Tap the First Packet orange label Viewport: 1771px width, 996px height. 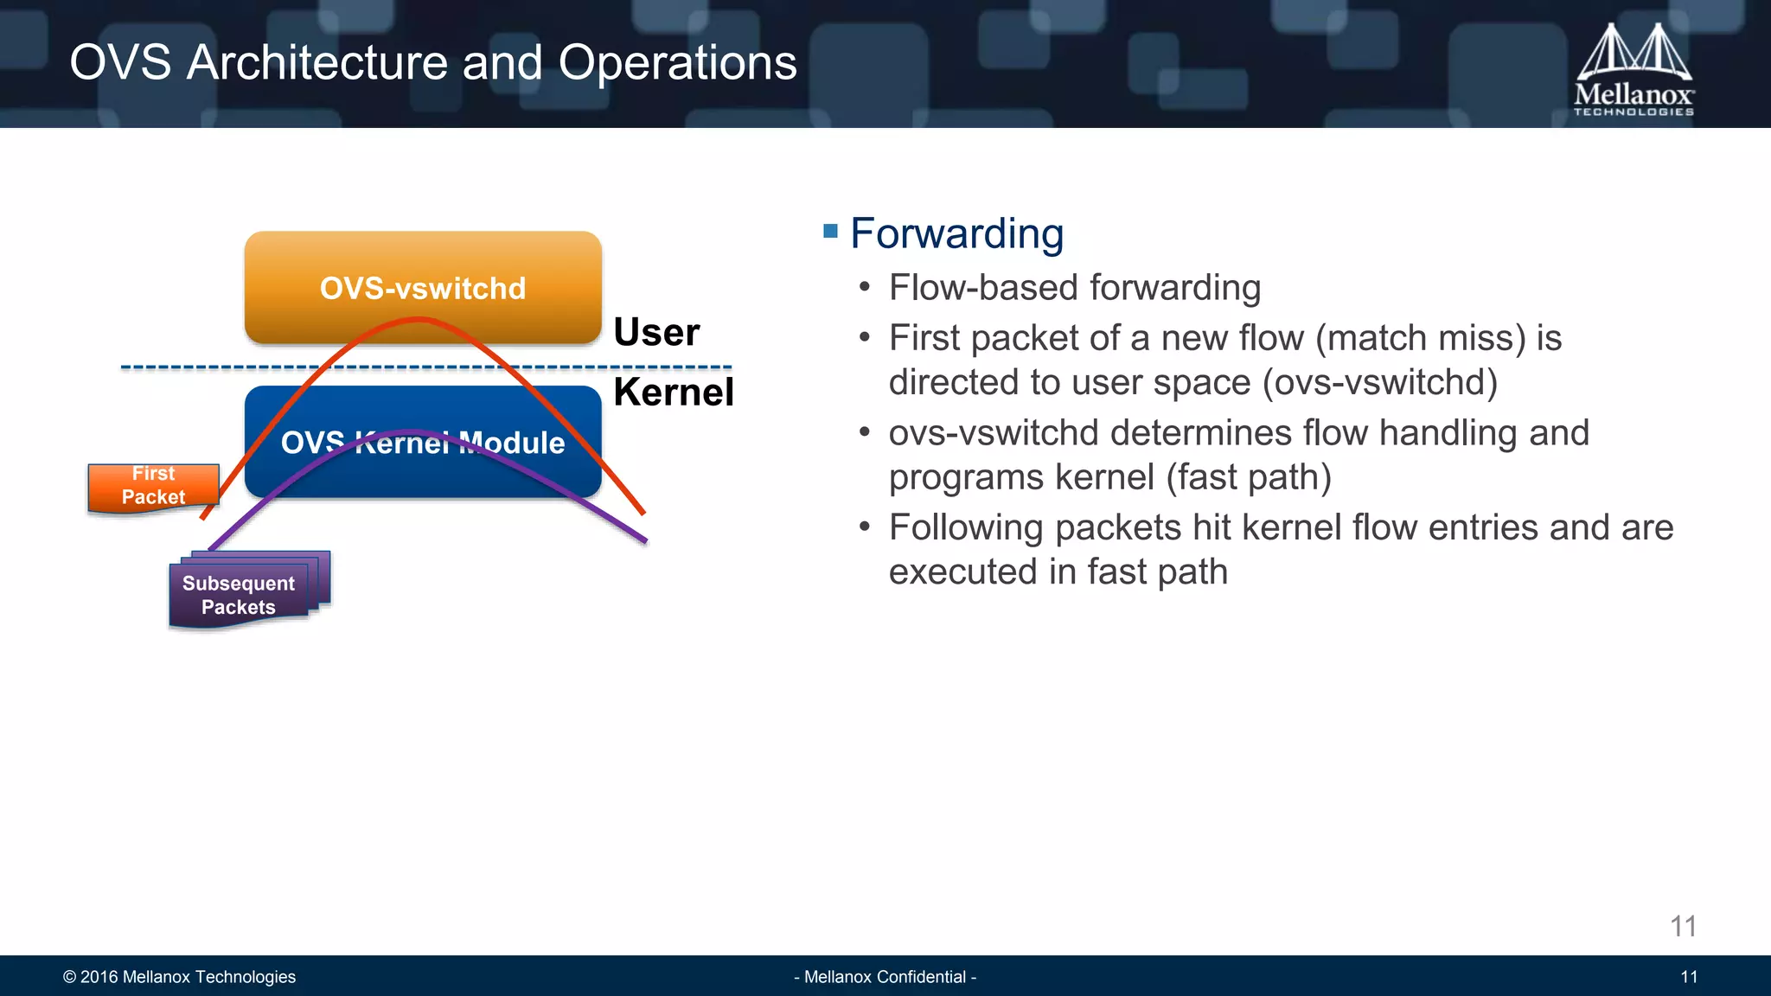tap(153, 486)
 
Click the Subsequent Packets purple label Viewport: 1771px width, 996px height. tap(239, 595)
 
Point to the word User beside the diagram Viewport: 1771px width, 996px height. tap(656, 333)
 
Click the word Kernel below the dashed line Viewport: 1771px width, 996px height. tap(674, 393)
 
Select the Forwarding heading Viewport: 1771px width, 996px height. tap(956, 233)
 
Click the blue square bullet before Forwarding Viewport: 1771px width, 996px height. tap(831, 231)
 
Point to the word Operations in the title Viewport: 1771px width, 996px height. tap(677, 63)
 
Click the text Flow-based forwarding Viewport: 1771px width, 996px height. tap(1074, 288)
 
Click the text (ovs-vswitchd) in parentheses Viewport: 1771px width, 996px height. tap(1380, 383)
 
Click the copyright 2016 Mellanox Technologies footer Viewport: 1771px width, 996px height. tap(179, 977)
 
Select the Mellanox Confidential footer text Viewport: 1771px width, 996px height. tap(885, 977)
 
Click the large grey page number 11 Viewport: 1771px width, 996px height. tap(1683, 927)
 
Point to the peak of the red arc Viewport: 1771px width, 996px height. tap(419, 321)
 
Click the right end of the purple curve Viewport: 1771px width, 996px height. tap(644, 540)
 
